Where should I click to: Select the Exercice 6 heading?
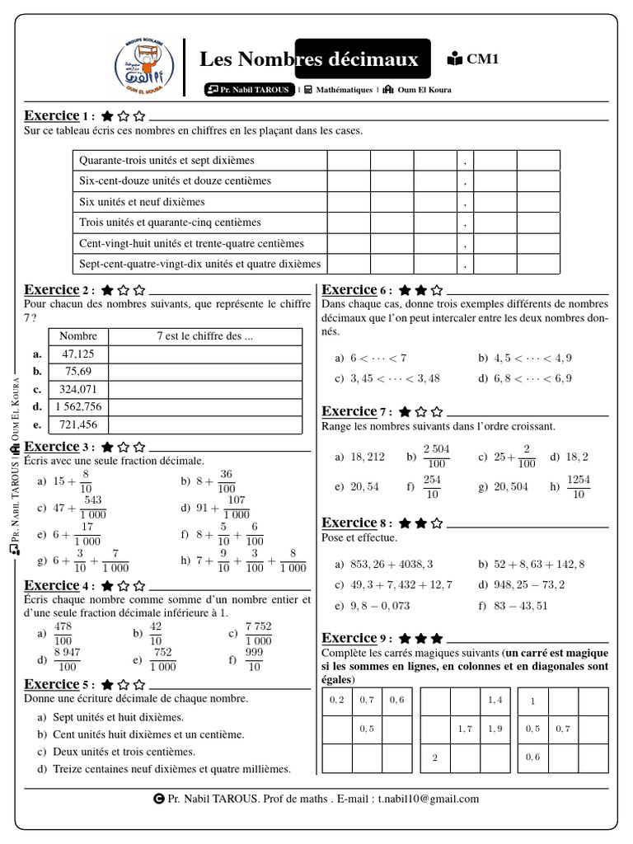click(x=349, y=290)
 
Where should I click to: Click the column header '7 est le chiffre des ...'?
click(x=204, y=335)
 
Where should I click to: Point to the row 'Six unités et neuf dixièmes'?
click(x=142, y=202)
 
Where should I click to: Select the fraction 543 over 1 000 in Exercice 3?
click(x=92, y=507)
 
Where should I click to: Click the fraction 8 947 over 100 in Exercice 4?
click(x=68, y=659)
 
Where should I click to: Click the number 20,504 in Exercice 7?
click(x=512, y=487)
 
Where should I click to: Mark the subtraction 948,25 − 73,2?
click(x=528, y=584)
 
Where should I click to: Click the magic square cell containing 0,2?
click(x=336, y=700)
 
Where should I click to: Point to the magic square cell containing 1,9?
click(x=495, y=729)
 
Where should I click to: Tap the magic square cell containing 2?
click(x=434, y=757)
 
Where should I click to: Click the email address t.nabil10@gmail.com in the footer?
click(x=428, y=799)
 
